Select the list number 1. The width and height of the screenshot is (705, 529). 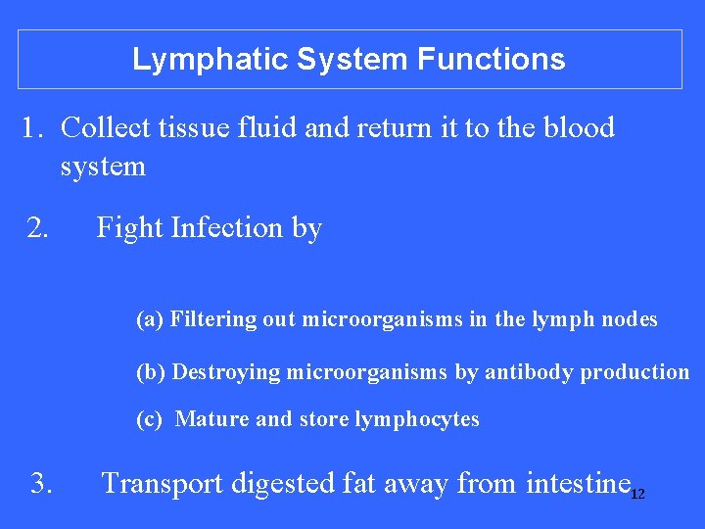[34, 128]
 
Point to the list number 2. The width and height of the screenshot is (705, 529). [38, 228]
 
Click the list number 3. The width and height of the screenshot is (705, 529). [41, 483]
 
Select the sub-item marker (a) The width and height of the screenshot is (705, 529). [150, 319]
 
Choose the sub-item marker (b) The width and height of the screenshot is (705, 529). [151, 372]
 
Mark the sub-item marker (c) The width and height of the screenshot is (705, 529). [150, 420]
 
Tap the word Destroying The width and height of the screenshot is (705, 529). [226, 372]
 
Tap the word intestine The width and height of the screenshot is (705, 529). [578, 483]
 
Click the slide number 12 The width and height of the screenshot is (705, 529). [637, 495]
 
